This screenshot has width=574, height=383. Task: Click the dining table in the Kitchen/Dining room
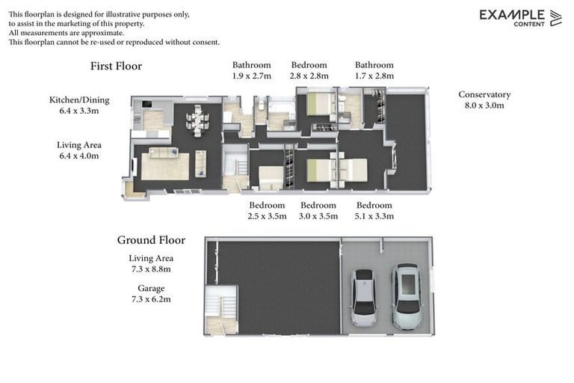(x=197, y=120)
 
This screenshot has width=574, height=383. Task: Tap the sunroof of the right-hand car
(x=409, y=284)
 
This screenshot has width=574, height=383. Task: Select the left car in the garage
(x=363, y=297)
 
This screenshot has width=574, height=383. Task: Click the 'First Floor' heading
(x=116, y=66)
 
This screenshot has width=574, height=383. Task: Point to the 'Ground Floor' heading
(x=151, y=240)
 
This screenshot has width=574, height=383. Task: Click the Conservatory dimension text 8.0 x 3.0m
(x=484, y=105)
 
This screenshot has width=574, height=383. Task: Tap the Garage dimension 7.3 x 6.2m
(x=151, y=299)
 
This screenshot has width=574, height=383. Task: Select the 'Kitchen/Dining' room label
(x=79, y=100)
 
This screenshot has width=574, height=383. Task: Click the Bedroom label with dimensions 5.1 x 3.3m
(x=374, y=205)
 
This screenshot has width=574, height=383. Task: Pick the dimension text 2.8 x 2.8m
(x=309, y=76)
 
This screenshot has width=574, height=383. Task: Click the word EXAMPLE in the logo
(x=512, y=15)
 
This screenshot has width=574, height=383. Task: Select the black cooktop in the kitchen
(x=147, y=105)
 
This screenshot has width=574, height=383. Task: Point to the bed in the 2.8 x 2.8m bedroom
(x=320, y=105)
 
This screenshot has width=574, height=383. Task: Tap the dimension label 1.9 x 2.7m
(x=251, y=76)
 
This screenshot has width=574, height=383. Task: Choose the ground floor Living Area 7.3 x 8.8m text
(x=151, y=263)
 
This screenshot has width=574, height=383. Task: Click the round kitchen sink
(x=138, y=119)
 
